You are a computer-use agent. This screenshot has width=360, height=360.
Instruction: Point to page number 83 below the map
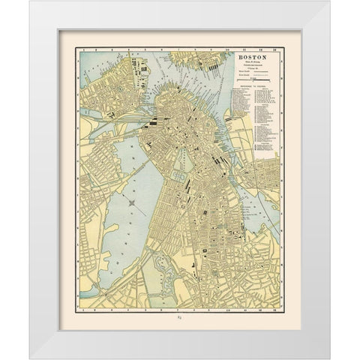coord(179,319)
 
